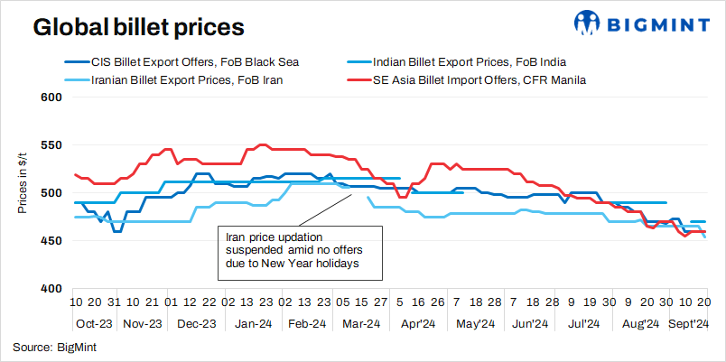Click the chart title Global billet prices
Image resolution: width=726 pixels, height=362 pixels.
pyautogui.click(x=139, y=26)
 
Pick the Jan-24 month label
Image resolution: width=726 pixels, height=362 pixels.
pyautogui.click(x=255, y=323)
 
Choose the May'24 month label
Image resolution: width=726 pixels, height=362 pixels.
pyautogui.click(x=474, y=323)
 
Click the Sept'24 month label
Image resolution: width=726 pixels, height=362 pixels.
pyautogui.click(x=691, y=323)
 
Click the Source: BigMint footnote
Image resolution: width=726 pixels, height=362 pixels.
pyautogui.click(x=54, y=346)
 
